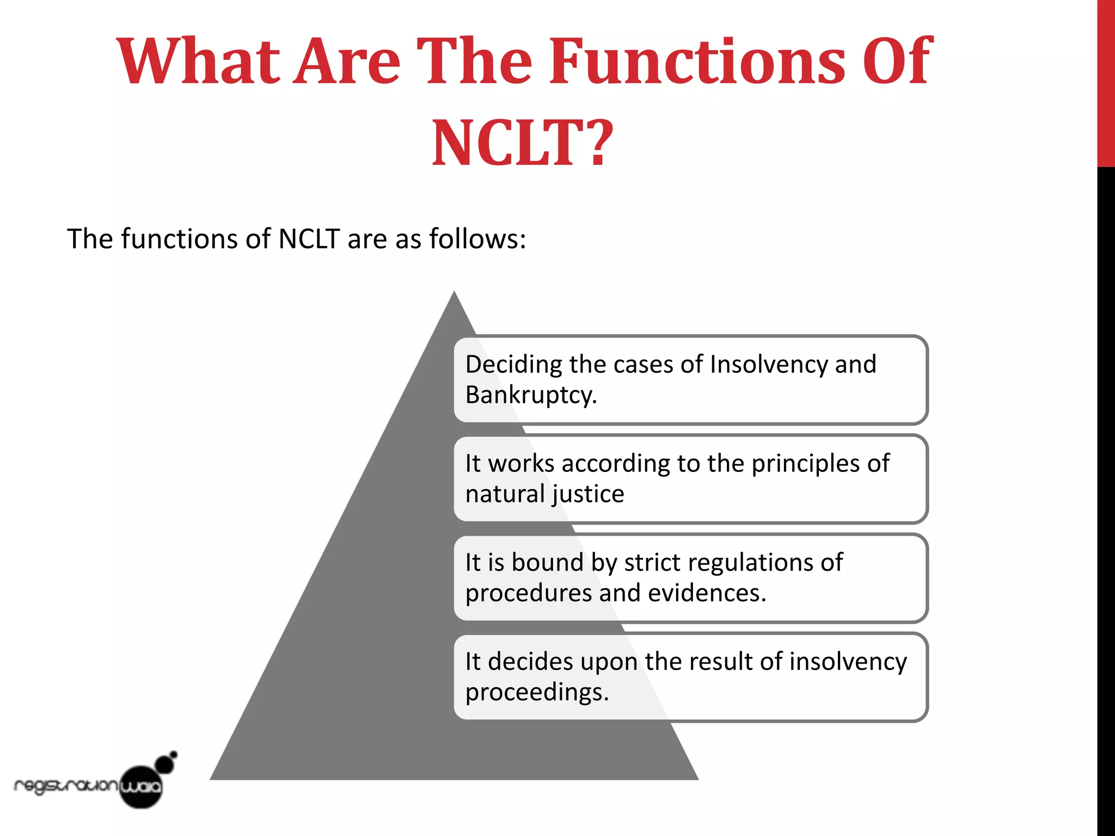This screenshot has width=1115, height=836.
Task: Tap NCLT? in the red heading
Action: pyautogui.click(x=523, y=143)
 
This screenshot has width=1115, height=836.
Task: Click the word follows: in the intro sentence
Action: pyautogui.click(x=477, y=239)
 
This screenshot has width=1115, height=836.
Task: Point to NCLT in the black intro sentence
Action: pyautogui.click(x=309, y=239)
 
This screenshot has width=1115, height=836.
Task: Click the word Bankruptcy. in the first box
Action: pyautogui.click(x=531, y=395)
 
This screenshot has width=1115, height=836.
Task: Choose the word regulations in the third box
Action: pyautogui.click(x=755, y=563)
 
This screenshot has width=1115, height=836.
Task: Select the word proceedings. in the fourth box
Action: pyautogui.click(x=537, y=692)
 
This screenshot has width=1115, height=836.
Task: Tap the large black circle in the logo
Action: pyautogui.click(x=141, y=786)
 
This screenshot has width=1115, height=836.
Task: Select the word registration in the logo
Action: pyautogui.click(x=65, y=786)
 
